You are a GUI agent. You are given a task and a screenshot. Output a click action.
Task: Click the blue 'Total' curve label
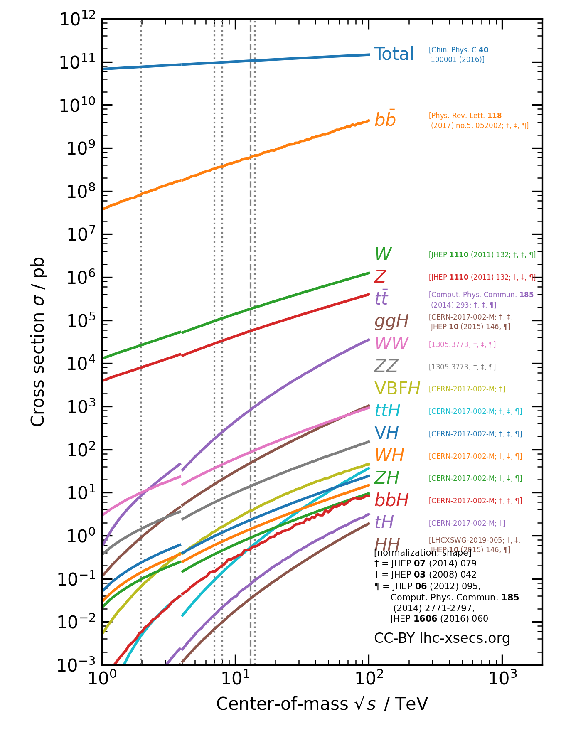[x=394, y=54]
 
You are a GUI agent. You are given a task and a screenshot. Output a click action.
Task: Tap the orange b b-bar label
[x=385, y=120]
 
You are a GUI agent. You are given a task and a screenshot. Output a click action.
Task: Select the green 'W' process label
[x=383, y=254]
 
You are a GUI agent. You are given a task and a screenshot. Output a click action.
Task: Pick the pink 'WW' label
[x=391, y=344]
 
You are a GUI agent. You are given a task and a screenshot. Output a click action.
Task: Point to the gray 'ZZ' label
[x=386, y=366]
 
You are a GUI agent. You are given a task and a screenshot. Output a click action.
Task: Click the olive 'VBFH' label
[x=397, y=389]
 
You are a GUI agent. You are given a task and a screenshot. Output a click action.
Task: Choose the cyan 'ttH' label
[x=387, y=411]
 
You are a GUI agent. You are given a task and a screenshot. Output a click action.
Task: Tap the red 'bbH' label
[x=391, y=500]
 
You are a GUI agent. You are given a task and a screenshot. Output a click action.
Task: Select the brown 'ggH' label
[x=391, y=321]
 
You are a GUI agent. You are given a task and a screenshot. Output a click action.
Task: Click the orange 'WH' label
[x=389, y=456]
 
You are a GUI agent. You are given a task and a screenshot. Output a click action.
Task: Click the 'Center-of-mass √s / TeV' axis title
[x=322, y=704]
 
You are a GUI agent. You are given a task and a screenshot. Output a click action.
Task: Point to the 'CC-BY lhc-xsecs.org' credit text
[x=442, y=638]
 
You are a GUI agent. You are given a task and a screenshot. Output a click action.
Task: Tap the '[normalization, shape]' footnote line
[x=423, y=553]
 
